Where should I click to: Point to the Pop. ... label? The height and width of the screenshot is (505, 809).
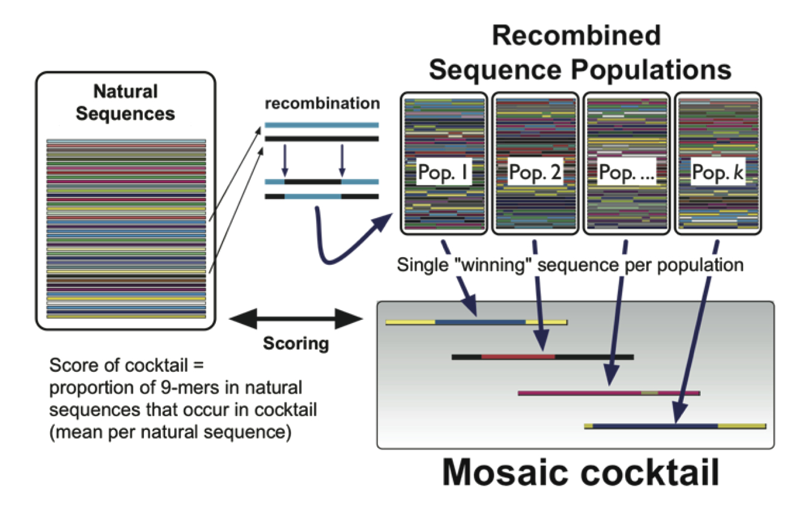(625, 173)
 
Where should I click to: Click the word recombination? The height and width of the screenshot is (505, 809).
(322, 103)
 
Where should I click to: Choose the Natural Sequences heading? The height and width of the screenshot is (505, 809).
(125, 103)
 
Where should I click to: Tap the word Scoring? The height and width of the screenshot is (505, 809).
(296, 344)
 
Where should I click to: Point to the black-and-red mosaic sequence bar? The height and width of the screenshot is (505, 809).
(542, 357)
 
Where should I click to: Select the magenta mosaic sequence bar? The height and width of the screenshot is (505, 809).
(608, 393)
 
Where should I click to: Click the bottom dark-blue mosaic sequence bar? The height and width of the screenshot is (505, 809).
(675, 426)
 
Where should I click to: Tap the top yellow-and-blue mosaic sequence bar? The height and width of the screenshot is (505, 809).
(476, 322)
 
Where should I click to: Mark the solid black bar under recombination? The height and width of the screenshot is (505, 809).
(322, 138)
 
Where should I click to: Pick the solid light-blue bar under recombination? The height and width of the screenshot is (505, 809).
(322, 126)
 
